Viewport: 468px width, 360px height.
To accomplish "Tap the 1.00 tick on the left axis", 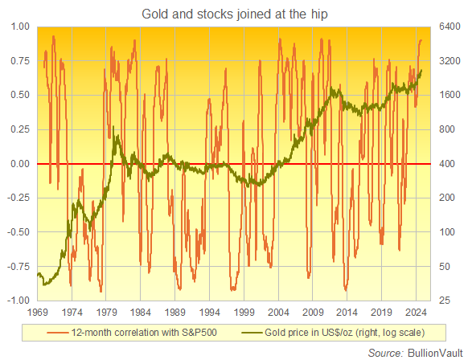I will tap(18, 27).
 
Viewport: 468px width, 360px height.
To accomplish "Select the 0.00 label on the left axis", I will tap(18, 164).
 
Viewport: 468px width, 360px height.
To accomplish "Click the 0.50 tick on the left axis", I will tap(18, 95).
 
